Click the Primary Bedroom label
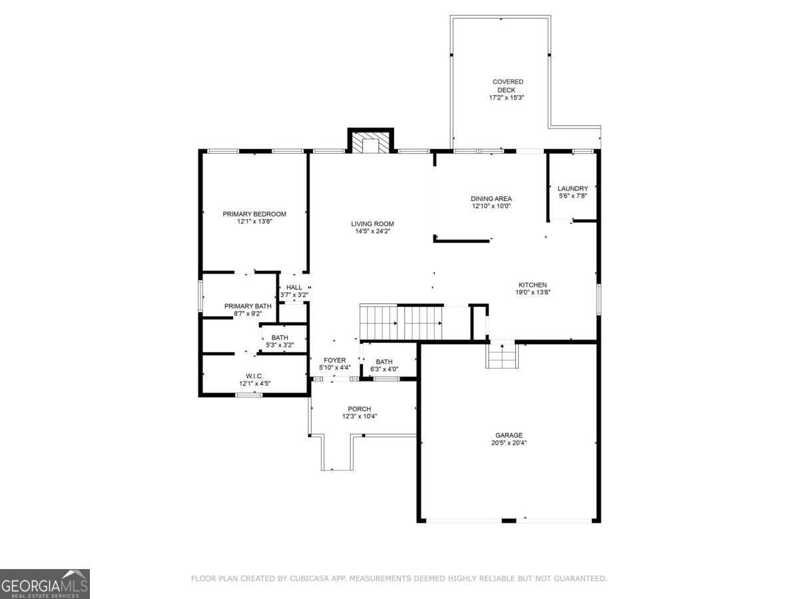[254, 214]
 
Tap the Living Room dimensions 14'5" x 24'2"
[373, 232]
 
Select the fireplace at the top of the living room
[371, 143]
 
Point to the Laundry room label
[573, 188]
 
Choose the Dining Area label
[491, 198]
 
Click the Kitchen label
[533, 285]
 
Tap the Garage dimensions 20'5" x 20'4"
[508, 443]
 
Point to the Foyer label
[335, 360]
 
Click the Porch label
[359, 409]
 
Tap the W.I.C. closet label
[254, 375]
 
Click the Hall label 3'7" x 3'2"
[294, 288]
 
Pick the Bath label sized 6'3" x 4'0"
[384, 361]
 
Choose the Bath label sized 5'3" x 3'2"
[280, 337]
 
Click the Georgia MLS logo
[45, 584]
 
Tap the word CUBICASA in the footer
[308, 578]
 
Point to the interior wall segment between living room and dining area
[463, 239]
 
